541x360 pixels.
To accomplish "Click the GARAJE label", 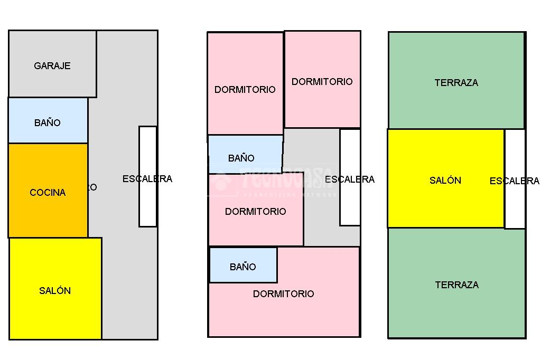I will click(52, 66).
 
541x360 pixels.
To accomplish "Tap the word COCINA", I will click(48, 193).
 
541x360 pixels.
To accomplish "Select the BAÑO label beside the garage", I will click(48, 123).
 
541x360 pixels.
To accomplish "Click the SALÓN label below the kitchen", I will click(55, 291).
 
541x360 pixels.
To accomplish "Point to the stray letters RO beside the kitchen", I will click(92, 187).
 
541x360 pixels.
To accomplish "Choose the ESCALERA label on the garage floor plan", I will click(147, 179).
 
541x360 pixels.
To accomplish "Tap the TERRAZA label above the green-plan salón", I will click(456, 83).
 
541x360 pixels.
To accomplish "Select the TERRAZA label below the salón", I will click(457, 285).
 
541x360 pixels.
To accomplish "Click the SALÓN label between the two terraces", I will click(445, 181).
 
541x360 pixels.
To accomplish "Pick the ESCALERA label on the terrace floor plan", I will click(514, 181).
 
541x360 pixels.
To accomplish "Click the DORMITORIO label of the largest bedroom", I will click(284, 294).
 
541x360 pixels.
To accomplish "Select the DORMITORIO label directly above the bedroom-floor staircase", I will click(322, 82).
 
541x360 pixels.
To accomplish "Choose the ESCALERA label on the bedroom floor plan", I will click(350, 179).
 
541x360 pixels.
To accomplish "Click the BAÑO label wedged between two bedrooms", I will click(241, 158).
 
